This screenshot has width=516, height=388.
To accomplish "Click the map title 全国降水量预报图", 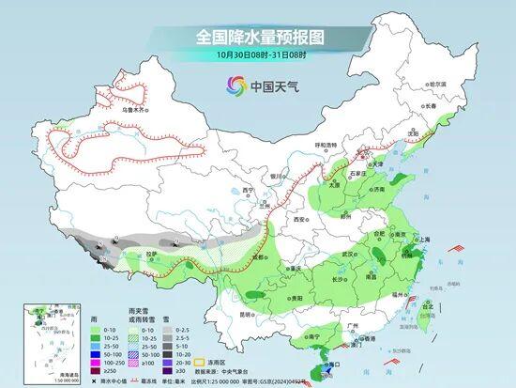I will coord(258,37).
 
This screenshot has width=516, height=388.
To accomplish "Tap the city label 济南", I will coord(378,189).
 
